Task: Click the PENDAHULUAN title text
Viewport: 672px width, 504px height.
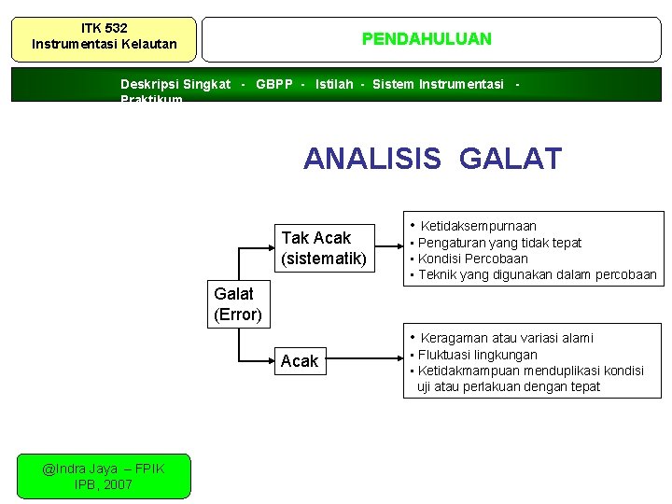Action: [427, 39]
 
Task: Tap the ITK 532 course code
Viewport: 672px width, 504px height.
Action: [104, 28]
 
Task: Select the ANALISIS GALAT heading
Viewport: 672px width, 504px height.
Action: [432, 159]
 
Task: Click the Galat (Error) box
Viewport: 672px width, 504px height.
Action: [238, 304]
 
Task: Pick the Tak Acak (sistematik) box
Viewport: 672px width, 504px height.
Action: [323, 247]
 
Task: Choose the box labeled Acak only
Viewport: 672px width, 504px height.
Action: [300, 361]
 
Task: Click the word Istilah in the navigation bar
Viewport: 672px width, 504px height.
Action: [334, 85]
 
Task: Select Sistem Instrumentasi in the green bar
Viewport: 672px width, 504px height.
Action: [438, 85]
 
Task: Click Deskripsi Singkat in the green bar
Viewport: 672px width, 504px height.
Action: [175, 85]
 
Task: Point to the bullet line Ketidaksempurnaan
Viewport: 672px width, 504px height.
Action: [478, 226]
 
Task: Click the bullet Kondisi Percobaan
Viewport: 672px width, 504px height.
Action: [472, 259]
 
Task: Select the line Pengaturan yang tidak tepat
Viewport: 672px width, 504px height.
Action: [499, 243]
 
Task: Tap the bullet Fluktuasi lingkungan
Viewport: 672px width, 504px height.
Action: [477, 355]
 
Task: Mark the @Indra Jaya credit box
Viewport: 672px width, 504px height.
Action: [104, 476]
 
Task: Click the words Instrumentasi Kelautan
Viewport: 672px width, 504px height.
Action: [104, 44]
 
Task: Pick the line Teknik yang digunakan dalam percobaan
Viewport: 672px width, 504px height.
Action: [537, 274]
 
